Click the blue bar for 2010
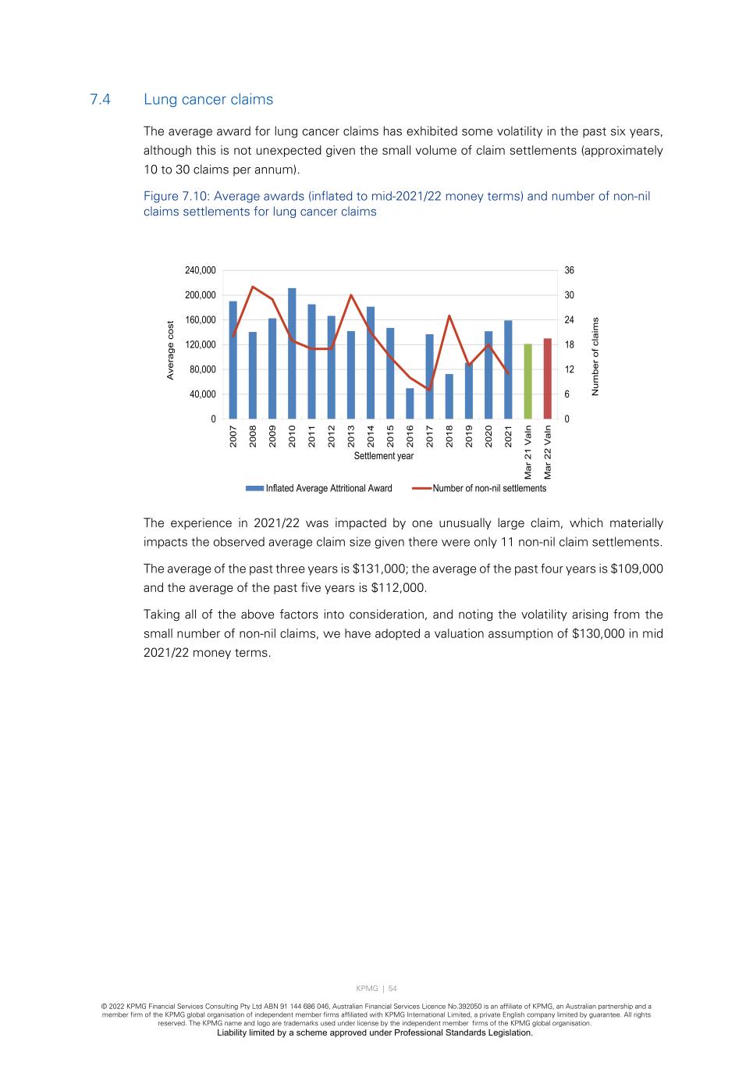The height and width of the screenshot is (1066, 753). point(292,354)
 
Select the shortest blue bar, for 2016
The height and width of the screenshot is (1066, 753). point(410,404)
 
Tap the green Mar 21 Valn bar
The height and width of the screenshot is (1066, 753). point(527,381)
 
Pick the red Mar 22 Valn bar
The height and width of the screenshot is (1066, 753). point(547,379)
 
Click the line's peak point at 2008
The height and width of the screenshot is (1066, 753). point(253,287)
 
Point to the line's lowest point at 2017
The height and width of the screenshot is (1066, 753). point(429,390)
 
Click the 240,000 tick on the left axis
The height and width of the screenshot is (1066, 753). point(201,270)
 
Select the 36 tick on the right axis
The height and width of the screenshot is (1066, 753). point(570,270)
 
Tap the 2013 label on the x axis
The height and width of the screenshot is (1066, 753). point(351,436)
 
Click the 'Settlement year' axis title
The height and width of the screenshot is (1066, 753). point(383,456)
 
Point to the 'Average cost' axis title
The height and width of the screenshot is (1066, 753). point(170,351)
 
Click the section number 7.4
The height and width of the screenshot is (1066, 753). point(101,99)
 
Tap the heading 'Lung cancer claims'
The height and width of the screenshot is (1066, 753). point(208,99)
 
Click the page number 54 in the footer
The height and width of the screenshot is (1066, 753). point(392,989)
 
